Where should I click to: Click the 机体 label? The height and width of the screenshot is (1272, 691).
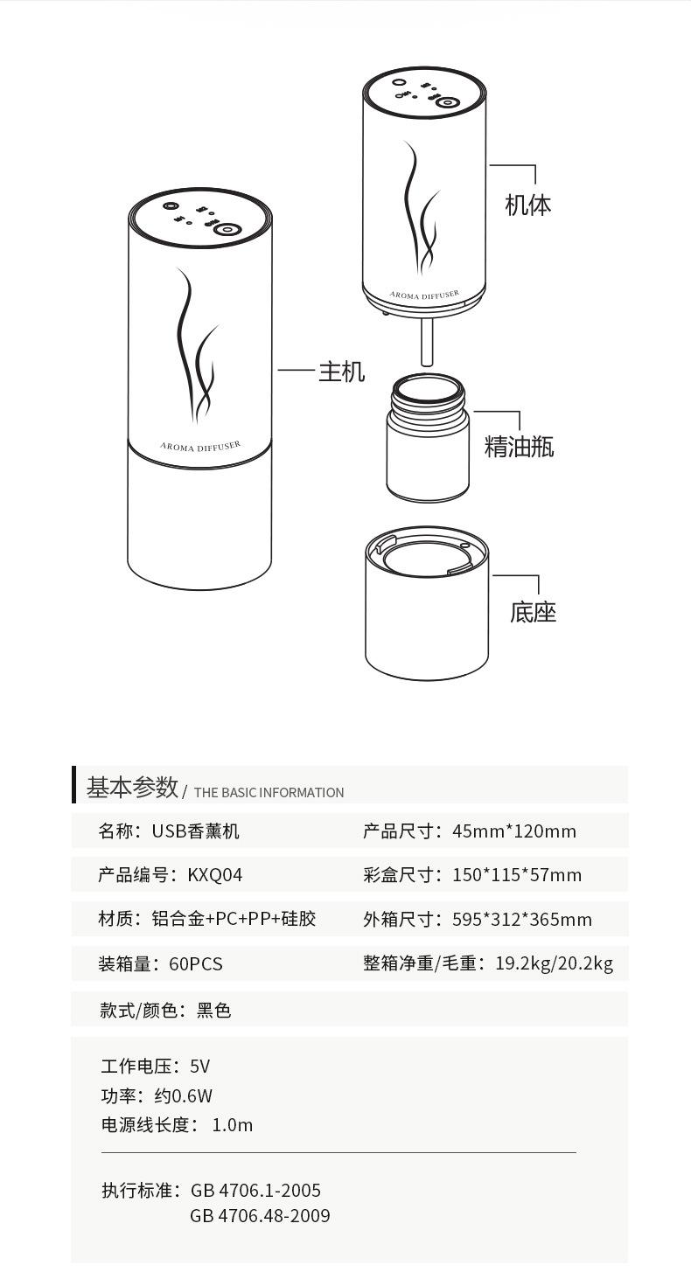coord(528,205)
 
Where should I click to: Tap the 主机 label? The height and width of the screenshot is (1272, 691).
coord(341,372)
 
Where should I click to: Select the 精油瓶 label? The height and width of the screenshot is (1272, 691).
coord(520,447)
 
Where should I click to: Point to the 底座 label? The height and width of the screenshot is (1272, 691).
coord(533,612)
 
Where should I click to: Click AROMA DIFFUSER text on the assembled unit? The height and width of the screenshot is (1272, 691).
coord(200,446)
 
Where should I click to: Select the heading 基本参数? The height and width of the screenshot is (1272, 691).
coord(132,787)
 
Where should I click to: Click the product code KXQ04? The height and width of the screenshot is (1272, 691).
coord(215,875)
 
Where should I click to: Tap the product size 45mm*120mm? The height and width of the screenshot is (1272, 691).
coord(514,831)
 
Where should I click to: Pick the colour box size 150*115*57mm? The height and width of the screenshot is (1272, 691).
coord(517,875)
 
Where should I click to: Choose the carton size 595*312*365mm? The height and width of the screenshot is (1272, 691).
coord(522,920)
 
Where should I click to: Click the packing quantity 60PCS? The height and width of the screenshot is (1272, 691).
coord(196,964)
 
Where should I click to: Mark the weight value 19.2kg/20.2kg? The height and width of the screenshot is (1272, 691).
coord(554,963)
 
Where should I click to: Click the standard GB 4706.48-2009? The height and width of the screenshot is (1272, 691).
coord(260,1216)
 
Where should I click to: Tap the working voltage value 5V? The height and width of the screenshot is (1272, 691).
coord(199,1067)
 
